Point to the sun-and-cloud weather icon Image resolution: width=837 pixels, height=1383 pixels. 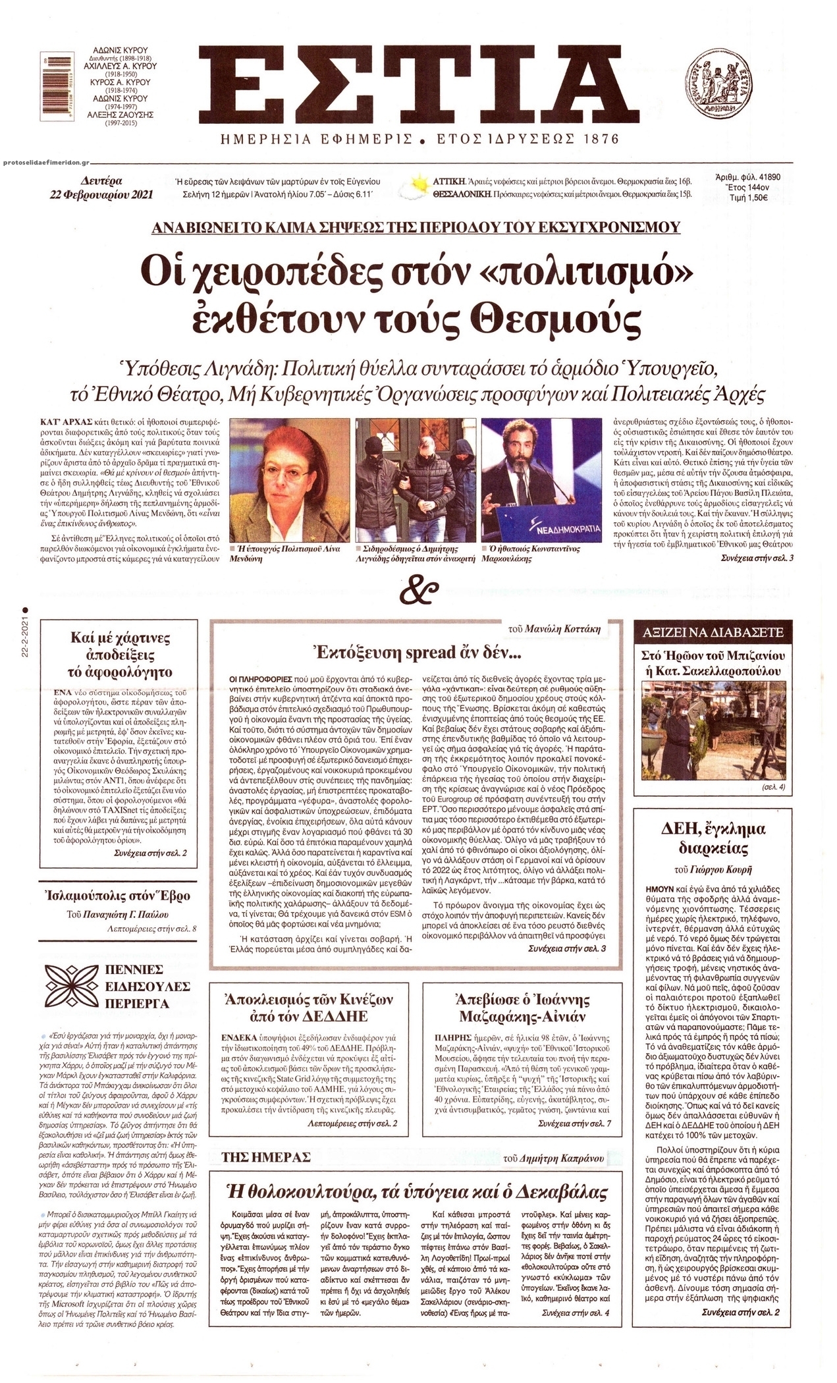(419, 186)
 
